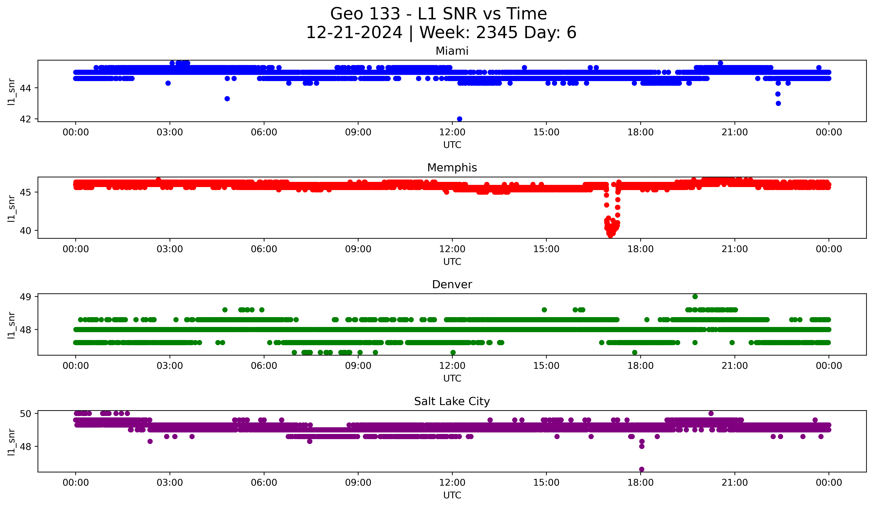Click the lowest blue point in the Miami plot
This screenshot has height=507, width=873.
(459, 119)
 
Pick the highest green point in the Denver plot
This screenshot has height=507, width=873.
(695, 297)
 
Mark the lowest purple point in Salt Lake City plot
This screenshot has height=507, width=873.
(642, 469)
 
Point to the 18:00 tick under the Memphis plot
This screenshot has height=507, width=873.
(640, 249)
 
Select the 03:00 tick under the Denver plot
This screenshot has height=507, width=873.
(170, 366)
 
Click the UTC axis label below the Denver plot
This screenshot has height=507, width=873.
(452, 378)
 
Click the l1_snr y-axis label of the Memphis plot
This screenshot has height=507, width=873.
(11, 208)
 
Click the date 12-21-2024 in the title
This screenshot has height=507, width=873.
(354, 33)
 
